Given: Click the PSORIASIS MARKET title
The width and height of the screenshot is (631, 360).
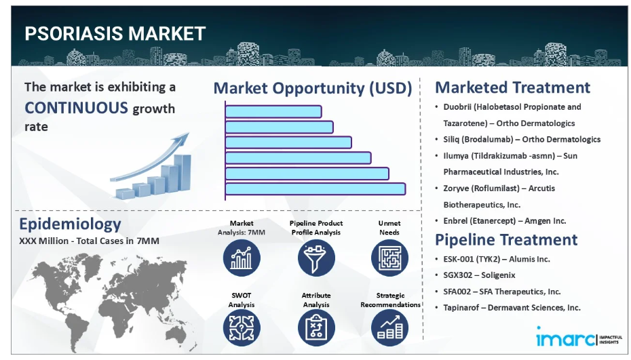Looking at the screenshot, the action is coord(115,33).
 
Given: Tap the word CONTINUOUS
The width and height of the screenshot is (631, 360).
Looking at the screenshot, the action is coord(76,108).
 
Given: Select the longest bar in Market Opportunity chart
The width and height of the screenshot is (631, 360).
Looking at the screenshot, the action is coord(315,189).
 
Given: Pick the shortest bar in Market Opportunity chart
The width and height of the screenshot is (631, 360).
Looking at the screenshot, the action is coord(273,111).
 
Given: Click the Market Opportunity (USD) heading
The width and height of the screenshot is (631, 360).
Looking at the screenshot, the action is coord(313,88).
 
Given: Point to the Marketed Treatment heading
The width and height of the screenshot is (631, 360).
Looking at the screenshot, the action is coord(512,87).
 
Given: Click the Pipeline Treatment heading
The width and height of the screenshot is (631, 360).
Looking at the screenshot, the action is coord(506,240).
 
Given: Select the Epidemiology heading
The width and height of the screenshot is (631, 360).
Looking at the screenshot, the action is coord(70,224).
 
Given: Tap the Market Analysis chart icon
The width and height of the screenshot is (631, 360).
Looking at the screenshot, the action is coord(242,258).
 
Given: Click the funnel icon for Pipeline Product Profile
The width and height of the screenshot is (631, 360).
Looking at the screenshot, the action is coord(316,258).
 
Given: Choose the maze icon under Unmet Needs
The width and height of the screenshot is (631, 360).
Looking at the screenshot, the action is coord(389,258).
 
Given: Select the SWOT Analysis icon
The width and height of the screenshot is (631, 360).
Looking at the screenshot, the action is coord(242,328).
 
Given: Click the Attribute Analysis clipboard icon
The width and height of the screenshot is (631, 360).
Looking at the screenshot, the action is coord(316,328).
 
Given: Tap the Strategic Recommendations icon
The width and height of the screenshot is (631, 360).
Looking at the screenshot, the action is coord(389,328).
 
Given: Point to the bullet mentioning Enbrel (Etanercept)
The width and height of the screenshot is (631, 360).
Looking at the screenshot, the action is coord(505,221).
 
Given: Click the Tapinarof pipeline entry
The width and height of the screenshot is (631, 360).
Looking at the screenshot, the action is coord(512,308).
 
